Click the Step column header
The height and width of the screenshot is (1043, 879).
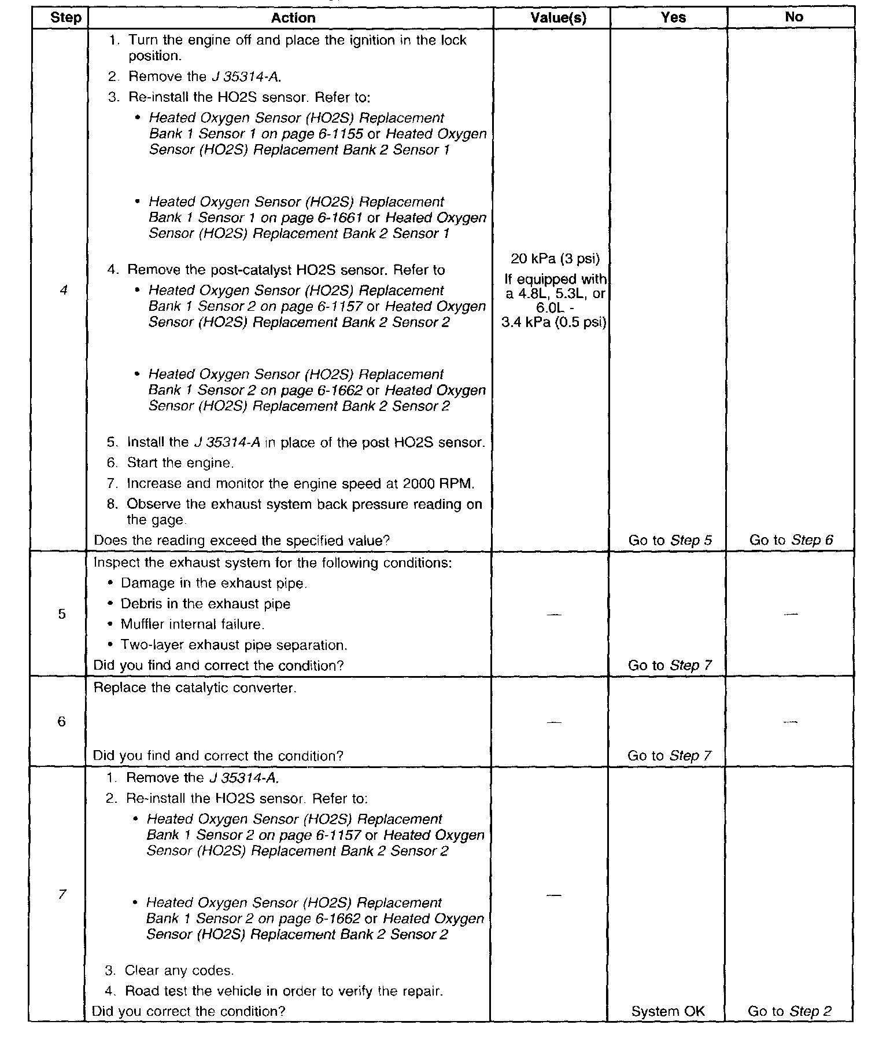click(x=65, y=17)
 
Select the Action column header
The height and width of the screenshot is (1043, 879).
click(x=293, y=18)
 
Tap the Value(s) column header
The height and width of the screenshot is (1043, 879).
click(x=558, y=18)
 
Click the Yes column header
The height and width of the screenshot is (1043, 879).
click(x=673, y=17)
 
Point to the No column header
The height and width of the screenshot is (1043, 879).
click(x=793, y=17)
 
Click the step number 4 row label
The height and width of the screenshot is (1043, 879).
click(x=63, y=290)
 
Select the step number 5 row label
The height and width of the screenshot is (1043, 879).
click(x=62, y=614)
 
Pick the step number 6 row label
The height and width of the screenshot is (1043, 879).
click(x=61, y=721)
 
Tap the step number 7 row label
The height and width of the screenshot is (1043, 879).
click(x=62, y=894)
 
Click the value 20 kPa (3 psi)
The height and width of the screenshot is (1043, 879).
click(x=555, y=258)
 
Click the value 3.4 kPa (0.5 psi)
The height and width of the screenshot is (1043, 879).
click(x=553, y=322)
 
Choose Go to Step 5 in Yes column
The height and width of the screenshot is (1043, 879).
click(x=670, y=540)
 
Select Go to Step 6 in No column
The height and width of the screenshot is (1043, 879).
click(x=791, y=540)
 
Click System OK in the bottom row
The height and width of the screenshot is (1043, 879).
click(x=668, y=1011)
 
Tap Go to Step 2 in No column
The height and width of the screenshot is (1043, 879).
click(x=789, y=1011)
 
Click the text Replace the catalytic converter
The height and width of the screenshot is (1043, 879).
click(x=195, y=688)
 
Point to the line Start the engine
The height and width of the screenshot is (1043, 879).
click(x=180, y=463)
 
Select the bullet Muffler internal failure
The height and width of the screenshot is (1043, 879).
click(x=192, y=625)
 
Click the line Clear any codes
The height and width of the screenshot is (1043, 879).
click(x=179, y=971)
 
